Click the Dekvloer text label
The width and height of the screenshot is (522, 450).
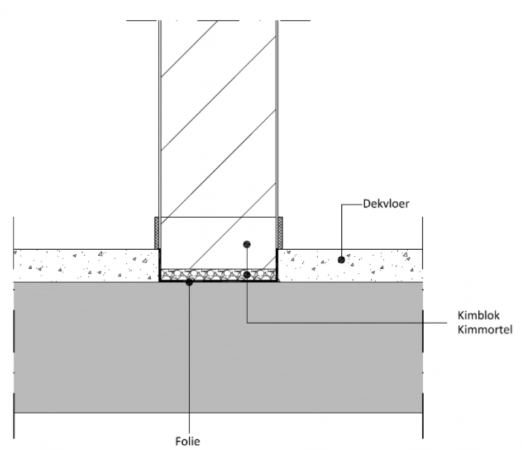(385, 202)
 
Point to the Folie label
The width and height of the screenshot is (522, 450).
(190, 438)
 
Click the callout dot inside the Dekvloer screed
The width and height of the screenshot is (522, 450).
(341, 259)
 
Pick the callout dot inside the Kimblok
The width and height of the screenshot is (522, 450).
(247, 243)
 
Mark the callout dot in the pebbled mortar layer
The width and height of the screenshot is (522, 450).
(247, 274)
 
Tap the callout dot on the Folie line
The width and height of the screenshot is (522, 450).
(190, 282)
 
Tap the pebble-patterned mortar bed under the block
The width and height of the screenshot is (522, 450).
(217, 275)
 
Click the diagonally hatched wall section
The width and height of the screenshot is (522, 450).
(217, 122)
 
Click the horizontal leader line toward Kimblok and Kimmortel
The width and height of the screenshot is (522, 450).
(353, 322)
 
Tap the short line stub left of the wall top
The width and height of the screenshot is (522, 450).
(142, 20)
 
